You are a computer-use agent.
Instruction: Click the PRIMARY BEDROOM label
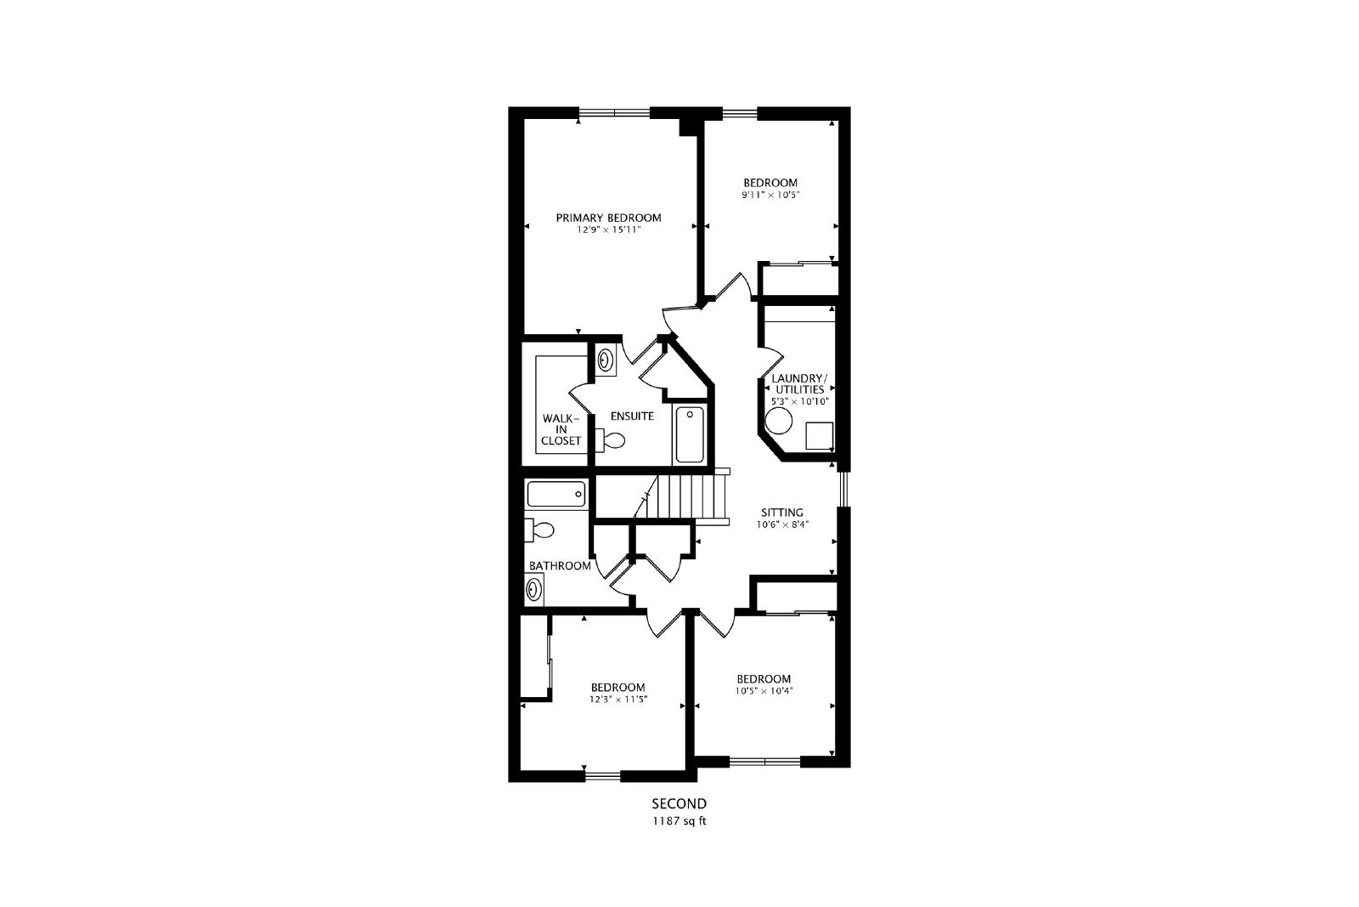coord(608,218)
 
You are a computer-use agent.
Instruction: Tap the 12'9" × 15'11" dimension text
coord(609,230)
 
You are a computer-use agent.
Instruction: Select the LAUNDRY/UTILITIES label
coord(799,383)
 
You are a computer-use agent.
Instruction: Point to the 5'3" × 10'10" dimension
coord(799,401)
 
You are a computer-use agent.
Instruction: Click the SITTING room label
coord(782,513)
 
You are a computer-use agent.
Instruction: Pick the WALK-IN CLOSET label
coord(561,430)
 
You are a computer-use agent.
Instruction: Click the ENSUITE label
coord(632,417)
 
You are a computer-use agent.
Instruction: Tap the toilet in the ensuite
coord(611,439)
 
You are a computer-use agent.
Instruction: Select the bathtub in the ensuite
coord(690,434)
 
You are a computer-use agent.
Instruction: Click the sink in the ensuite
coord(606,360)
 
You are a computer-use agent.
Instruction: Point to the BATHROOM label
coord(560,566)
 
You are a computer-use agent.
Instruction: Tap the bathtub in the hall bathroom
coord(556,494)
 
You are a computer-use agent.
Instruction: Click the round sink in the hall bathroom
coord(534,590)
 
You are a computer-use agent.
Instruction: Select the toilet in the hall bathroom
coord(539,530)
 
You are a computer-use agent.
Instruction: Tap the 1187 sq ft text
coord(679,821)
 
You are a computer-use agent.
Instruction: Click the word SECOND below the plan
coord(679,804)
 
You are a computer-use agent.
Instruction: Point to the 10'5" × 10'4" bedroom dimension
coord(764,691)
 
